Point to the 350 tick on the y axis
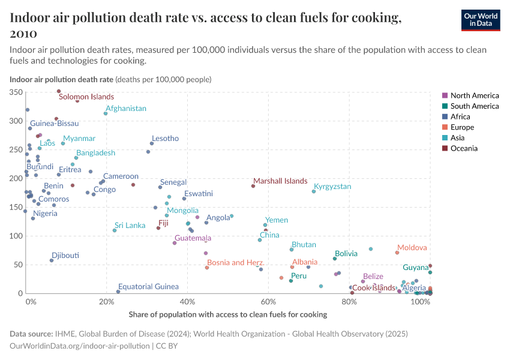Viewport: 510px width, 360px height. pyautogui.click(x=15, y=92)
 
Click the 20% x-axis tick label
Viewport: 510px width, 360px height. pyautogui.click(x=107, y=302)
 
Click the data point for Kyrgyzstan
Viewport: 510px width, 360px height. pyautogui.click(x=314, y=191)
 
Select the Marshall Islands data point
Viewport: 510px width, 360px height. pyautogui.click(x=253, y=186)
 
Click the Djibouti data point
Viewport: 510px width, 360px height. pyautogui.click(x=52, y=260)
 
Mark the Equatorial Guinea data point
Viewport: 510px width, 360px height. pyautogui.click(x=118, y=292)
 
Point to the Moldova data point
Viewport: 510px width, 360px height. pyautogui.click(x=397, y=253)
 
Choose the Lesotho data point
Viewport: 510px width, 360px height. pyautogui.click(x=152, y=143)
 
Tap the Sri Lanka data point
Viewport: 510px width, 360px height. pyautogui.click(x=115, y=230)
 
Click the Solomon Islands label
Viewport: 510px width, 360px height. pyautogui.click(x=86, y=97)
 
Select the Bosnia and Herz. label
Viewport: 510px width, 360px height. pyautogui.click(x=235, y=263)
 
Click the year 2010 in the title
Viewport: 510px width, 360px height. pyautogui.click(x=24, y=34)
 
